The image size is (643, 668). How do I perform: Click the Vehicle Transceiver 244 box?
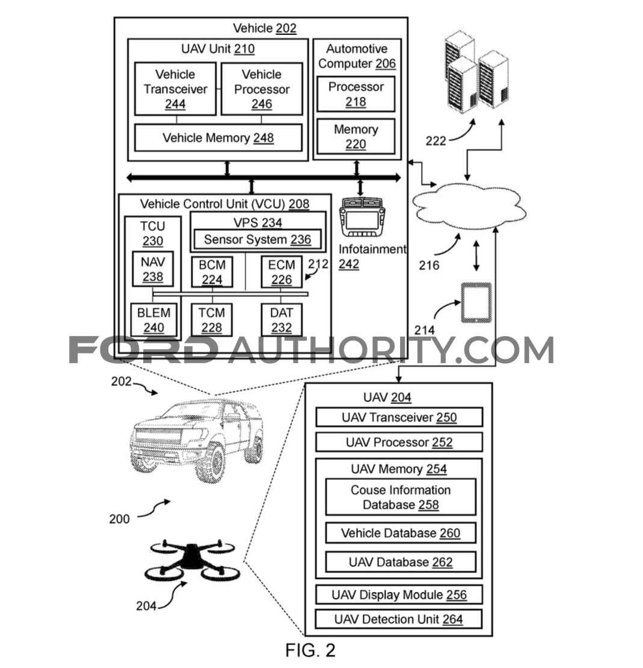coord(175,88)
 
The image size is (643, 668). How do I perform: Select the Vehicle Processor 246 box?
coord(262,88)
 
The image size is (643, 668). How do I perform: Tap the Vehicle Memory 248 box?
coord(218,138)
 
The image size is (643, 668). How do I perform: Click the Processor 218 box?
coord(356,94)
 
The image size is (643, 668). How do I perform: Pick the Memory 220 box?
coord(356,136)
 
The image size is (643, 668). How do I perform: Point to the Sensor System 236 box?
coord(257,239)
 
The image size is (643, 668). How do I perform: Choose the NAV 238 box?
coord(153,269)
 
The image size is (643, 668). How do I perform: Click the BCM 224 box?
coord(212,272)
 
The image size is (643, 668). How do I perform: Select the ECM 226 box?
coord(282,272)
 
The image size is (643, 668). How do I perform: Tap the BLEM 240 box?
coord(153,320)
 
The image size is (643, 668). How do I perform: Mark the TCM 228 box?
coord(212,320)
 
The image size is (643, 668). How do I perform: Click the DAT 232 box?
coord(282,320)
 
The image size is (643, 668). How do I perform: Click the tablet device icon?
coord(476,302)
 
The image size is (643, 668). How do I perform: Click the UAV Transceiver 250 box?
coord(399,417)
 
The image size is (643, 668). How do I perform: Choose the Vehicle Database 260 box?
coord(401,533)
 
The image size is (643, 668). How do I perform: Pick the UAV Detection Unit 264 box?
coord(398,619)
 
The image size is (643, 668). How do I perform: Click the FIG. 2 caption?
coord(310,650)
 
